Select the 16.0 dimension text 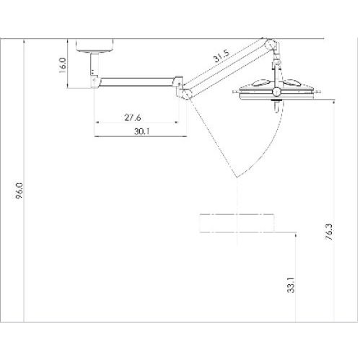pos(62,65)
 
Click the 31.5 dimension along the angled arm pos(221,55)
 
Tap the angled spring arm pos(227,69)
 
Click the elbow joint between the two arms pos(185,92)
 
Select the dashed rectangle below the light pos(236,223)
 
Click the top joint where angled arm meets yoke pos(272,47)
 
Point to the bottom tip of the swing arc pos(234,177)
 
